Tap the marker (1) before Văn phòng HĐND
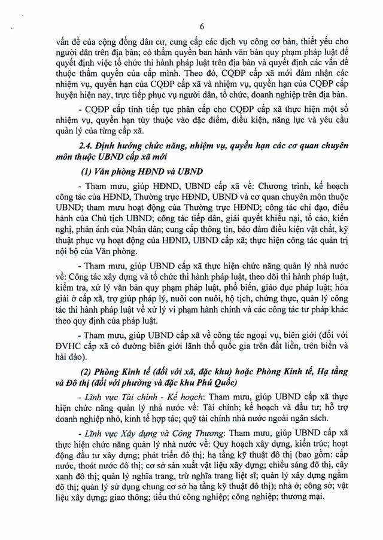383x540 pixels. coord(82,171)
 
